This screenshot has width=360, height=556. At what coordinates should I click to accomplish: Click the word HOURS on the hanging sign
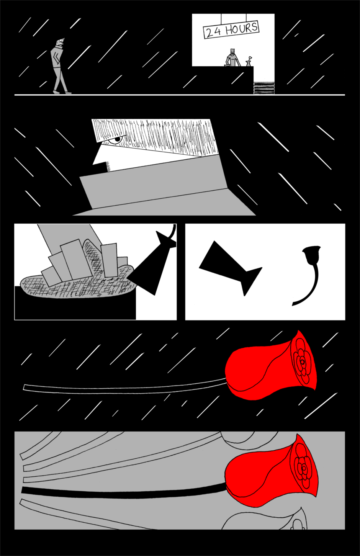point(241,29)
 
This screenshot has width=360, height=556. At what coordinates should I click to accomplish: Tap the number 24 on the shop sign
point(214,32)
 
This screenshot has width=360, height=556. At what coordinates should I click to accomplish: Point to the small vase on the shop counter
point(249,61)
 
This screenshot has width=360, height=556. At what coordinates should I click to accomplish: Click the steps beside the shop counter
point(264,88)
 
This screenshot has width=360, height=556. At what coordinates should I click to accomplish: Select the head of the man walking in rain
point(61,42)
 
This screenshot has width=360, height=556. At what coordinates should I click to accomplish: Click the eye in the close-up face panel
point(116,140)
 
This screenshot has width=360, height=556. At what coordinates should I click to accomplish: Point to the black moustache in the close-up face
point(102,168)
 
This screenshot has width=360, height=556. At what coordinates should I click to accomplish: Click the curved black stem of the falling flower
point(310,288)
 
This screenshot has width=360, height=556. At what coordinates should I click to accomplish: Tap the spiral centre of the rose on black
point(302,362)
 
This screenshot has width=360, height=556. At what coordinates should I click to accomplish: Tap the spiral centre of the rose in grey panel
point(303,468)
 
